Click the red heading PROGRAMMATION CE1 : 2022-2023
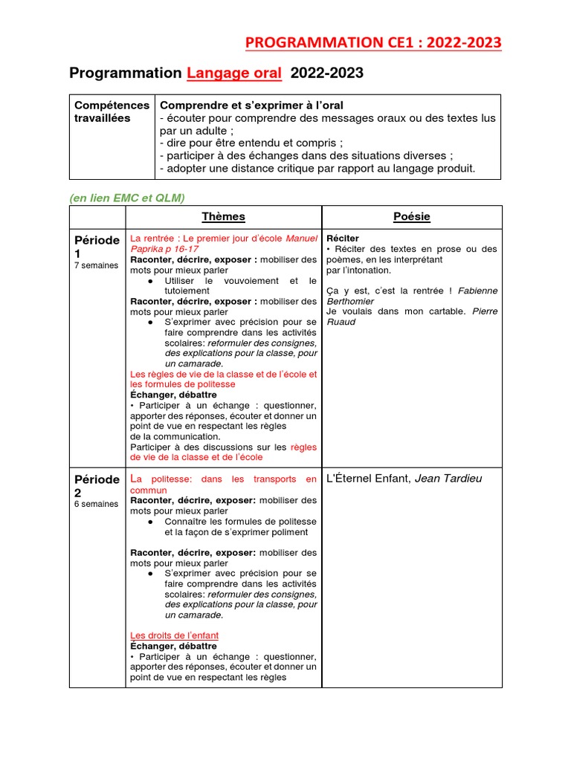373,43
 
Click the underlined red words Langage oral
234,73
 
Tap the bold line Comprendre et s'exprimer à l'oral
251,106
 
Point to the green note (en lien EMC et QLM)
127,197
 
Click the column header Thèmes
223,217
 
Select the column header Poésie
411,217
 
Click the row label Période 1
97,247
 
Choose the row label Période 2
97,485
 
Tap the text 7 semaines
96,265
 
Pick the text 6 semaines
96,504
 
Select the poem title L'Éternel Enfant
369,479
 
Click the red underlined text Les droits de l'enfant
174,636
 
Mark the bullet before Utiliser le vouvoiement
150,281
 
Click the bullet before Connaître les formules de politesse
150,522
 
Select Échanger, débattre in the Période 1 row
173,395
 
